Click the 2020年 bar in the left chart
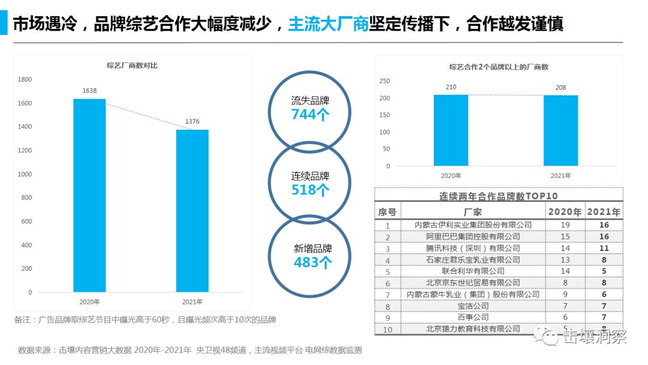[89, 195]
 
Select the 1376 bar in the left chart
[192, 211]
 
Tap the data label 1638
[89, 91]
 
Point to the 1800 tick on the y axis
[25, 79]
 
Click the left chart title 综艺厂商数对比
[132, 65]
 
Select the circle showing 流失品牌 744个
[310, 107]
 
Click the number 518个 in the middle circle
[310, 190]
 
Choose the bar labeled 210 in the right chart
[451, 130]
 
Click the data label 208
[560, 88]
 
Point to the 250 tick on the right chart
[385, 81]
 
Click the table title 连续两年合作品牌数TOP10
[499, 196]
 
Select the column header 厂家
[473, 212]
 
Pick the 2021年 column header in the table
[604, 212]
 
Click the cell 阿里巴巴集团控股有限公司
[473, 237]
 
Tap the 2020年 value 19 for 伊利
[565, 225]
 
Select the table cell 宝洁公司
[473, 306]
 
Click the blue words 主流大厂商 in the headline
[328, 25]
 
